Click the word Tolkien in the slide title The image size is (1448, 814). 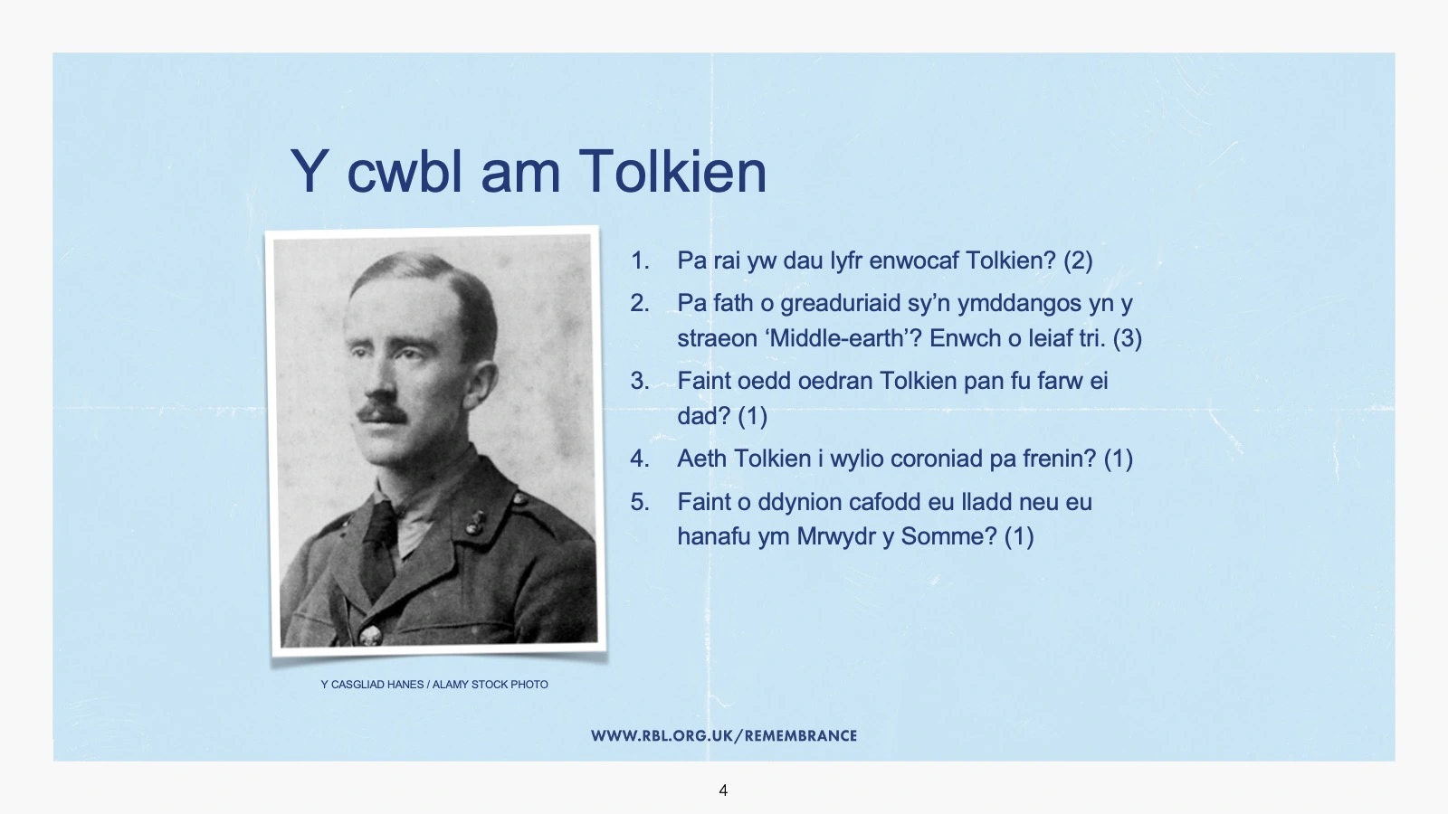(x=672, y=171)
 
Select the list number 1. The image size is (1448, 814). (x=640, y=261)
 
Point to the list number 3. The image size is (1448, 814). (x=640, y=381)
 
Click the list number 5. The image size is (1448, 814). (x=640, y=502)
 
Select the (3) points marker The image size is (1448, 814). (x=1128, y=338)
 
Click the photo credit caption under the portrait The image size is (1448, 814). (x=434, y=685)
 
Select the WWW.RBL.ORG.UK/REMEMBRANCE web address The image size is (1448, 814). (x=724, y=736)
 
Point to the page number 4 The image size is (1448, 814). (x=723, y=790)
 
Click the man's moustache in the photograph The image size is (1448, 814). (x=383, y=413)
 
